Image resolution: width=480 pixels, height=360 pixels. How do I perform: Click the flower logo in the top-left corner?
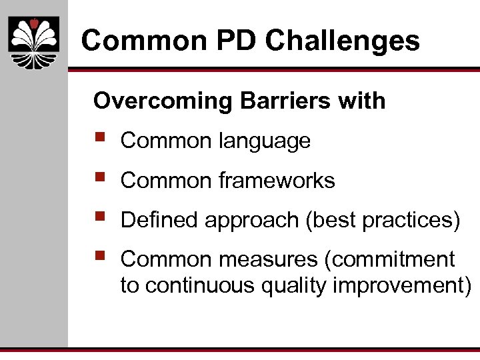pos(34,43)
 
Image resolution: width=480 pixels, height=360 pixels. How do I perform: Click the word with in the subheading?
pos(362,101)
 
